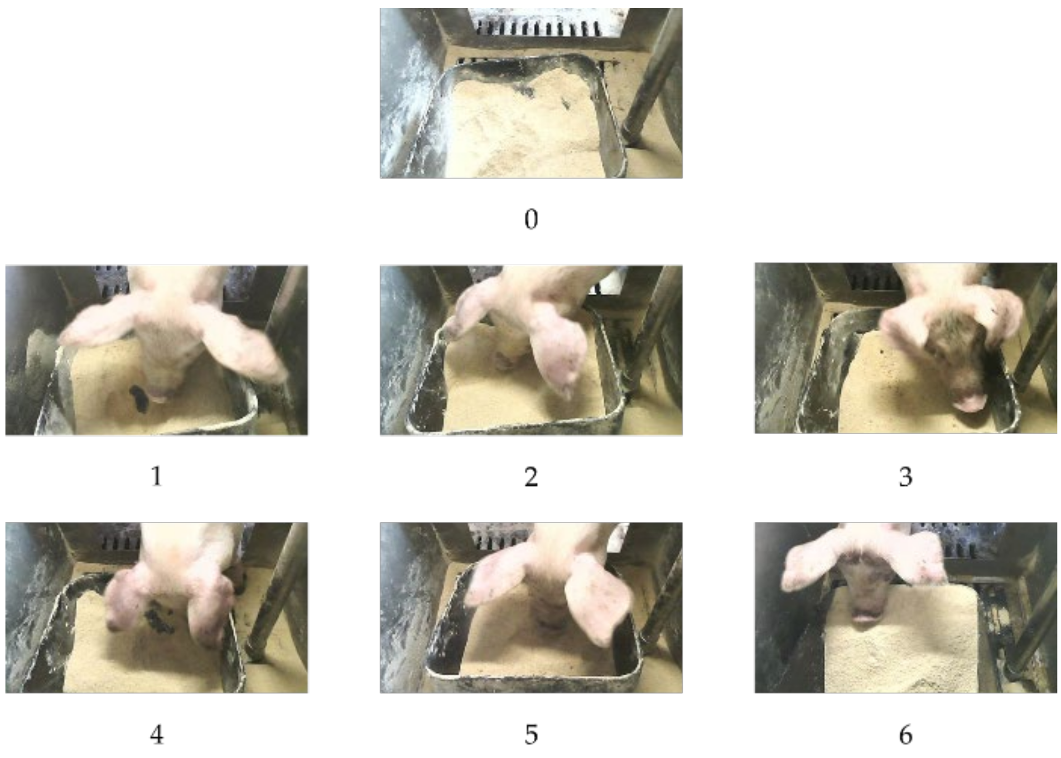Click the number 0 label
531,219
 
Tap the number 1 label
157,476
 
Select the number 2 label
531,476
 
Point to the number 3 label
905,476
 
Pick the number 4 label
157,734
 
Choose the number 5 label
531,734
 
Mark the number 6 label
905,734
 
